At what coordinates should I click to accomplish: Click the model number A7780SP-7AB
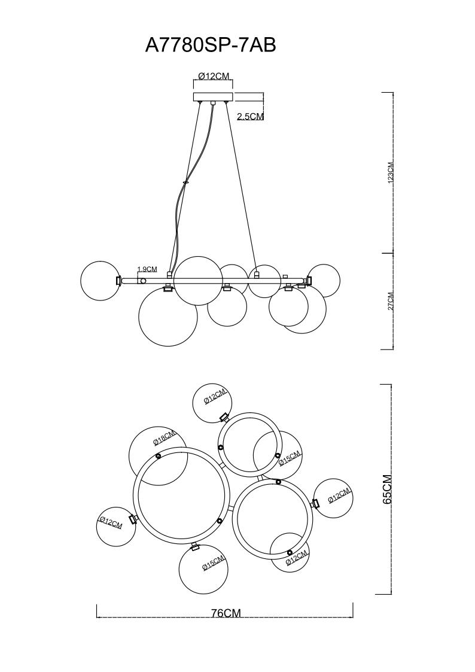point(211,45)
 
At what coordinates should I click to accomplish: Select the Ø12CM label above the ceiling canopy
point(214,76)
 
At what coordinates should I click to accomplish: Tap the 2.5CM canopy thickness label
point(250,116)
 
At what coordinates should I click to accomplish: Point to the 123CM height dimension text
point(390,173)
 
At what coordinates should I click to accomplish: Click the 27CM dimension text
point(390,301)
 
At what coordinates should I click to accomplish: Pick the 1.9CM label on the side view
point(147,269)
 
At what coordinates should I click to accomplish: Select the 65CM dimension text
point(387,488)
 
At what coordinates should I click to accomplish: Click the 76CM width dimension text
point(226,613)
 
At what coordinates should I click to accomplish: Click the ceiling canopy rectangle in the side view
point(213,96)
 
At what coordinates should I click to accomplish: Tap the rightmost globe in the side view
point(324,281)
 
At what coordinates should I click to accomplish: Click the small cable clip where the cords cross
point(185,183)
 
